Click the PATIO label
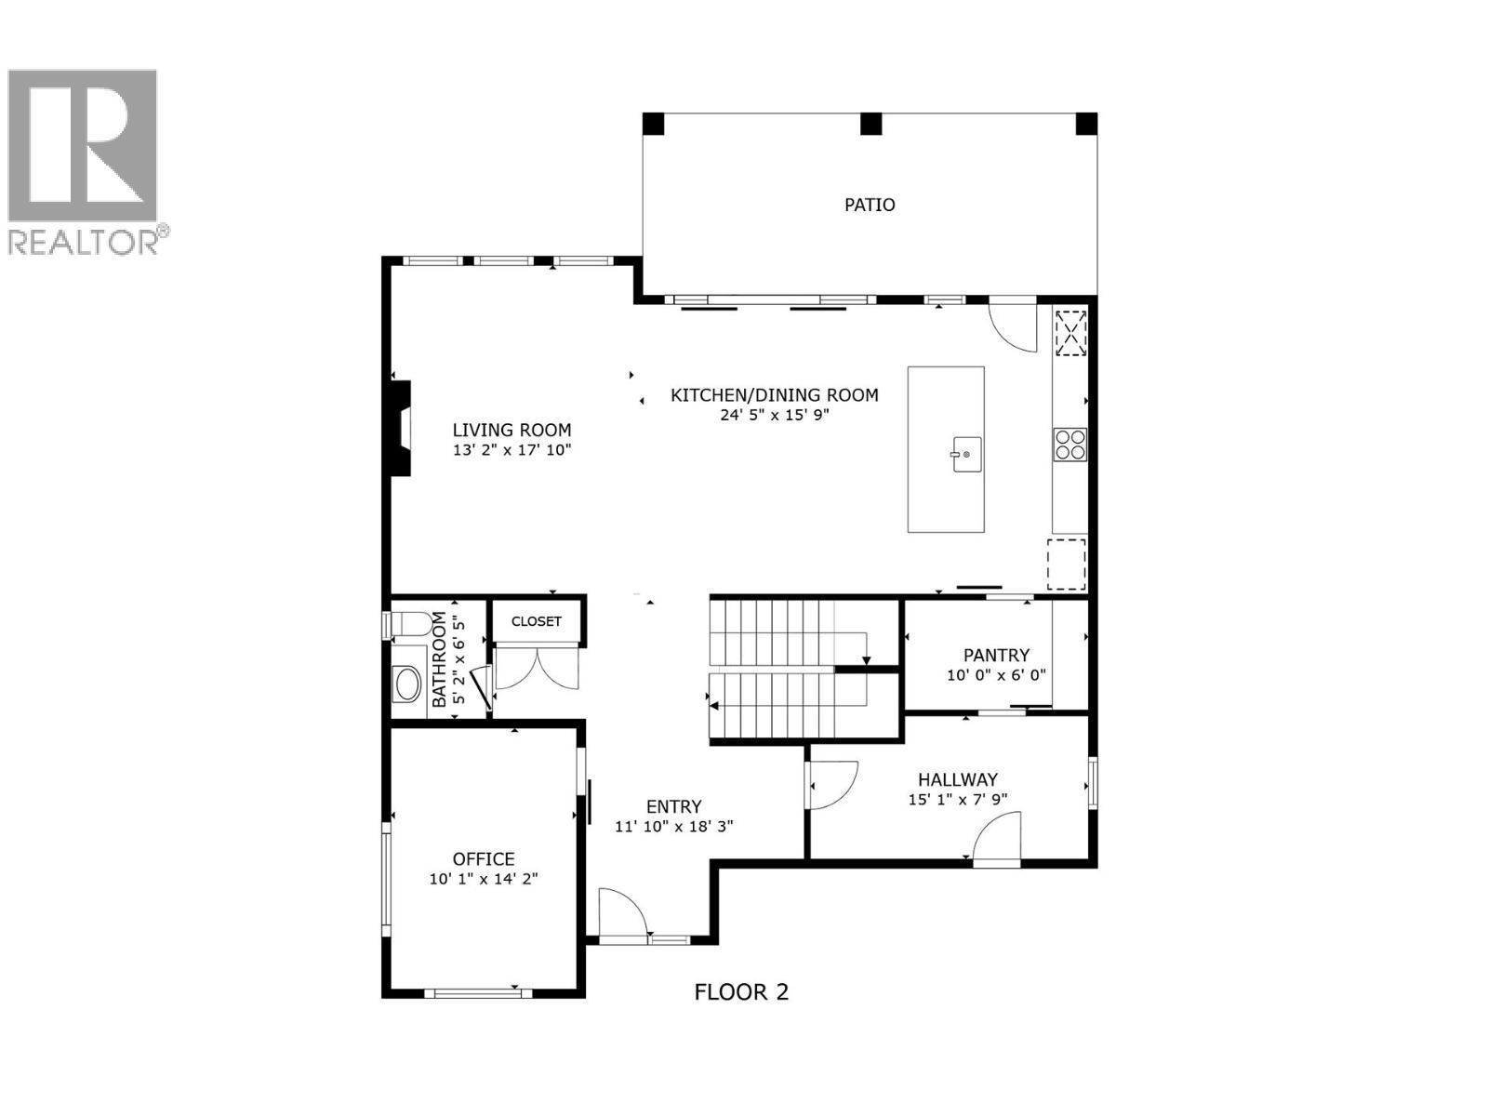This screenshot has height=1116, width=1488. click(869, 205)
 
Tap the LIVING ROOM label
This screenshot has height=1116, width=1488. click(511, 430)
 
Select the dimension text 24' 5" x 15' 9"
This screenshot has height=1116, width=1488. click(774, 415)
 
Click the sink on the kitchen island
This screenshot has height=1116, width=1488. click(966, 454)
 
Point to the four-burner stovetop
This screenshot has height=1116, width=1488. click(1069, 445)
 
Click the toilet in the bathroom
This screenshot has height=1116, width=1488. click(408, 624)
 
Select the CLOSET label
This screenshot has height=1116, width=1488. click(537, 621)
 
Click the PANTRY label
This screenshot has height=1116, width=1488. click(996, 656)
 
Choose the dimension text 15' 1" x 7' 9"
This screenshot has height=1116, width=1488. click(957, 800)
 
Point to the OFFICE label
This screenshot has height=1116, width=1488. click(484, 859)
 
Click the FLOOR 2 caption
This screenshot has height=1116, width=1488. click(741, 992)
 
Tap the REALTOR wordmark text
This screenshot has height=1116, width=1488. click(83, 241)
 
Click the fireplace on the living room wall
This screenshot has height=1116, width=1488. click(400, 428)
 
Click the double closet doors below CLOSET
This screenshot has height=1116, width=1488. click(537, 668)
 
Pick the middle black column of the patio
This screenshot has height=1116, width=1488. click(870, 124)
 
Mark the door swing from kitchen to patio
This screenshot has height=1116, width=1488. click(1013, 325)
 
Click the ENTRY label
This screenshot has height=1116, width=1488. click(673, 806)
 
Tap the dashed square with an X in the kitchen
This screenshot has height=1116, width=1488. click(1070, 333)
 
